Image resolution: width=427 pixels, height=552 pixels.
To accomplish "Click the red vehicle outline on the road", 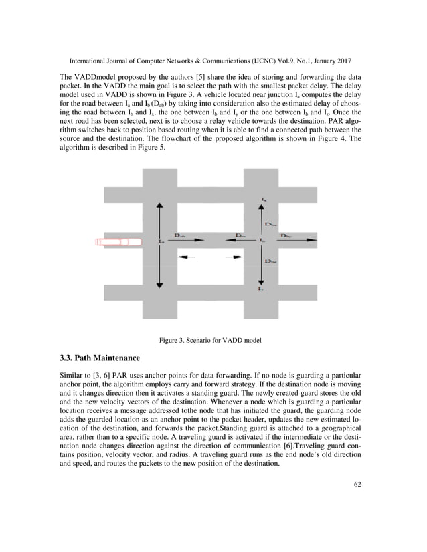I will [x=118, y=241].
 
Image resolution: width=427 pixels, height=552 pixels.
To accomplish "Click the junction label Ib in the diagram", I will [x=263, y=240].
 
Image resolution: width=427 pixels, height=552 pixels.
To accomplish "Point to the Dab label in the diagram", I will [x=180, y=235].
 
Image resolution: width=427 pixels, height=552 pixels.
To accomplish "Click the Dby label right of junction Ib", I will [x=286, y=235].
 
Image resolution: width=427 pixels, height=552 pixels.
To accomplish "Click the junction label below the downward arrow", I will [x=262, y=289].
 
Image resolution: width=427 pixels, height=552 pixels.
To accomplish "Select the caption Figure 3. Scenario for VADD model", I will [x=209, y=341].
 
